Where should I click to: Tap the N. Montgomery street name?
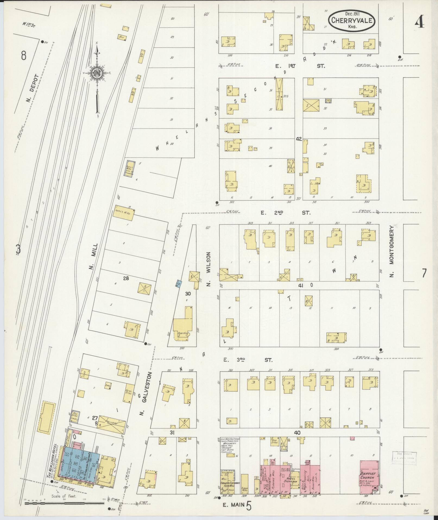click(391, 251)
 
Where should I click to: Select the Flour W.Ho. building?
click(244, 484)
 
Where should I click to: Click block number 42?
click(299, 139)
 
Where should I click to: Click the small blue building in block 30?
click(179, 283)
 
